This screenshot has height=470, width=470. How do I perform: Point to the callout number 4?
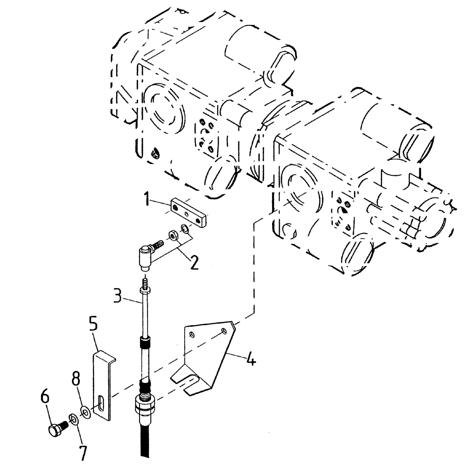pyautogui.click(x=251, y=360)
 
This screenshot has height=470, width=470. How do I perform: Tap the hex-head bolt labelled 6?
pyautogui.click(x=56, y=429)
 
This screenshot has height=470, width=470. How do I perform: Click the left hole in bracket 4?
pyautogui.click(x=191, y=334)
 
